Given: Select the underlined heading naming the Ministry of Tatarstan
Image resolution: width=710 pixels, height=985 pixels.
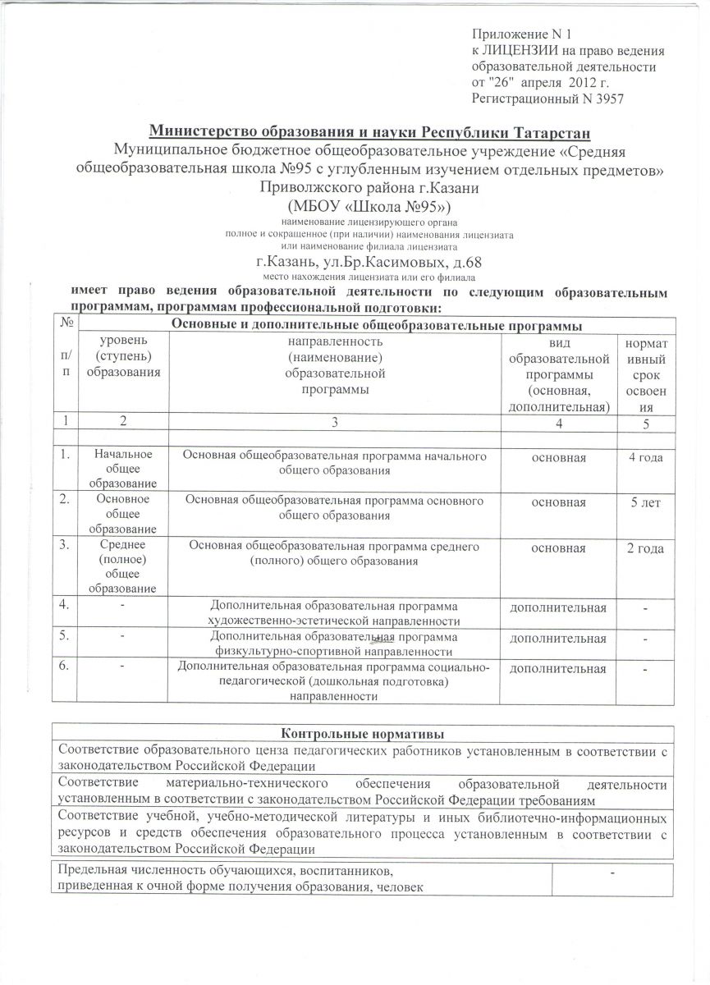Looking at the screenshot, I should pos(369,133).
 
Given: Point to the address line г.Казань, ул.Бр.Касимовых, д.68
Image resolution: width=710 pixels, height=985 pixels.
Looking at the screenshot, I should pos(369,263).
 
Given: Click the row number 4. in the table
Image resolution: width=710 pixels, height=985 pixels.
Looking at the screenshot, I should pos(65,607).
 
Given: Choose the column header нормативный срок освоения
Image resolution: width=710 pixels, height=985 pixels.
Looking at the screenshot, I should pos(646,374).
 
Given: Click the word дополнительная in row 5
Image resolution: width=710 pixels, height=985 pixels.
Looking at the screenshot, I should pos(558,638).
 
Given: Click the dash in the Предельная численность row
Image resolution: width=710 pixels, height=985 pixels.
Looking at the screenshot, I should pos(612,872).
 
